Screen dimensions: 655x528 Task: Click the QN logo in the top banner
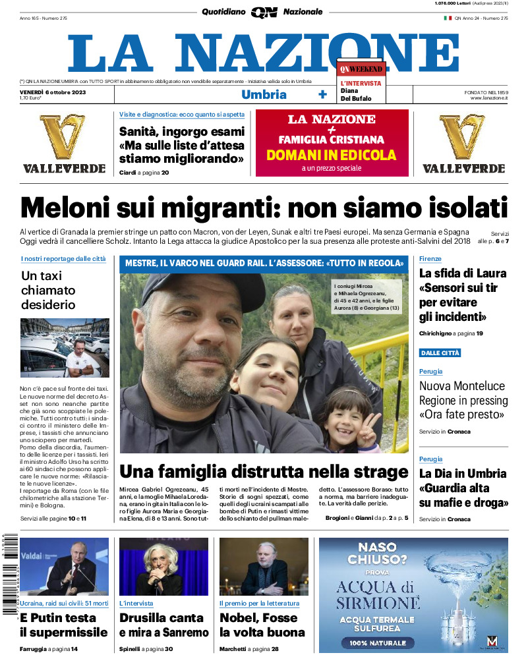[x=264, y=12]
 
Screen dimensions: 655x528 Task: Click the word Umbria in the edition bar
[x=264, y=94]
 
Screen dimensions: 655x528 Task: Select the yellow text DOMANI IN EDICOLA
[x=332, y=156]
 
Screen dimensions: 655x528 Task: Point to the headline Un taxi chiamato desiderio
[x=48, y=291]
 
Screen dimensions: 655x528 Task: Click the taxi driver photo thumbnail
[x=65, y=348]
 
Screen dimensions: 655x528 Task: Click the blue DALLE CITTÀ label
[x=440, y=353]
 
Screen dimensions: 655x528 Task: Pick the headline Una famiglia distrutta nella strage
[x=264, y=472]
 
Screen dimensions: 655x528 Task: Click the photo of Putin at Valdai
[x=65, y=567]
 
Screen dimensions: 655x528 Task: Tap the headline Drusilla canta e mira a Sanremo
[x=161, y=625]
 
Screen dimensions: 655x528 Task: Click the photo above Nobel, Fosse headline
[x=264, y=567]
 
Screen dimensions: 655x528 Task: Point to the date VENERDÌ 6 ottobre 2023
[x=53, y=91]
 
